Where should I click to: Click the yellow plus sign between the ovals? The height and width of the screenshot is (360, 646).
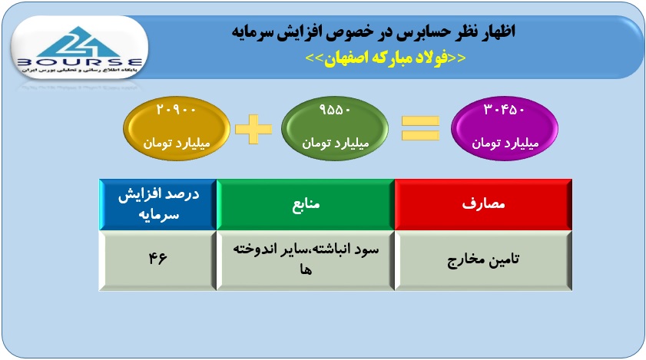[x=253, y=129]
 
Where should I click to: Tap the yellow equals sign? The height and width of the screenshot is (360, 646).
[x=420, y=128]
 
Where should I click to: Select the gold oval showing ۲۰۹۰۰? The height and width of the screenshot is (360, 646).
[x=177, y=128]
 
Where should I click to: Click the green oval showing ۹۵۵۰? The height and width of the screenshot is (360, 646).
[x=335, y=128]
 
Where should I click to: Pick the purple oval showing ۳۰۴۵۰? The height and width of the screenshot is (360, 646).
[x=505, y=128]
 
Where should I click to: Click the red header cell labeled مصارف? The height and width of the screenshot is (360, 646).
[x=483, y=204]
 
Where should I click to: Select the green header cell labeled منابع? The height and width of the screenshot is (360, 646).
[x=305, y=204]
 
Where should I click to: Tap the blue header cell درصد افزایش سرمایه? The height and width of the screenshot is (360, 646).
[x=158, y=204]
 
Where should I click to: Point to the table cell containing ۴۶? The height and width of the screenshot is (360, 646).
[x=158, y=260]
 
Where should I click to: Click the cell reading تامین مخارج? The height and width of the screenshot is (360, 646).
[x=483, y=260]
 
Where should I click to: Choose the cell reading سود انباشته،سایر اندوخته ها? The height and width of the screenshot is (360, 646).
[x=305, y=260]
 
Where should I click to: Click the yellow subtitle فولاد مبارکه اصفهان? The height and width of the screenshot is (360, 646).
[x=386, y=58]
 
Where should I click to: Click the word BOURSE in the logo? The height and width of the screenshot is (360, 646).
[x=80, y=63]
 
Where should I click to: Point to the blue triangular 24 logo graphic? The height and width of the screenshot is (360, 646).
[x=78, y=41]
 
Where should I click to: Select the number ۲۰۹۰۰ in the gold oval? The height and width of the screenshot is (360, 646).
[x=176, y=110]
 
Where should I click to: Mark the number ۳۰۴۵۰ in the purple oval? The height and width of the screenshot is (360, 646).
[x=504, y=110]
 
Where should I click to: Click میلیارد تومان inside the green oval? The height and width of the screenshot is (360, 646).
[x=336, y=143]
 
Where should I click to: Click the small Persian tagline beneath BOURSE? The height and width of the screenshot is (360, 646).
[x=80, y=71]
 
